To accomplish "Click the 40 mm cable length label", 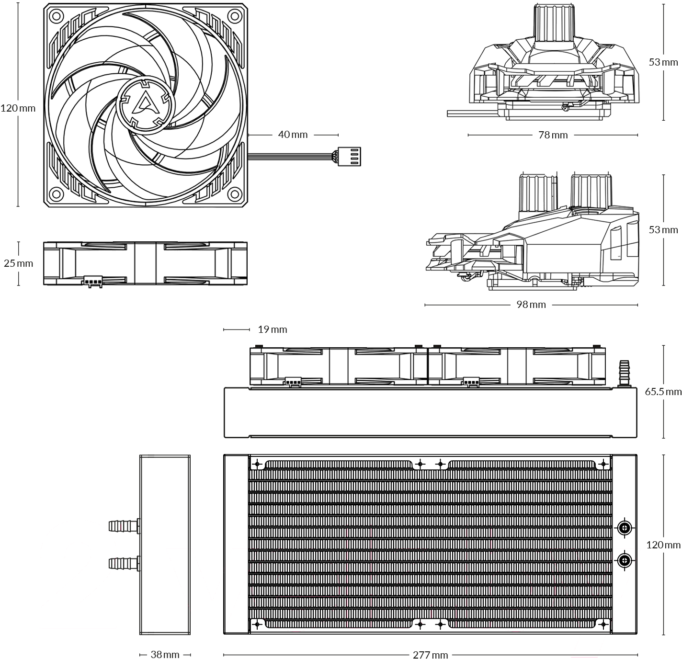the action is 293,135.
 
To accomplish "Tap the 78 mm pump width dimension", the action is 553,135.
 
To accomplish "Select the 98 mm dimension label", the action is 531,305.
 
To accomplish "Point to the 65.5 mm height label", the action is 663,392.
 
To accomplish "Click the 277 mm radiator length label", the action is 431,654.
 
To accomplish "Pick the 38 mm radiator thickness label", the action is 165,654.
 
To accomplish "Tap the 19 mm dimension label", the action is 273,329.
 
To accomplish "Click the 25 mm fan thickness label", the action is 18,263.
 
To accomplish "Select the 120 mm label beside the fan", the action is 18,108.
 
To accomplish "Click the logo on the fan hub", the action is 145,104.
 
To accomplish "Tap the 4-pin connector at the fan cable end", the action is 350,156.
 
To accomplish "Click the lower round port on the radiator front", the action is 624,561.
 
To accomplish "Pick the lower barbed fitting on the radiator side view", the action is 125,564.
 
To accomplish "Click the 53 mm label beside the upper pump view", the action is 663,62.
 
